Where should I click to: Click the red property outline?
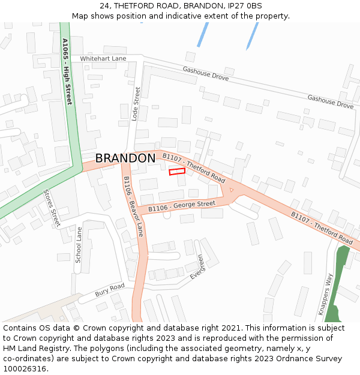pyautogui.click(x=176, y=172)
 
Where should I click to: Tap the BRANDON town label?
pyautogui.click(x=125, y=158)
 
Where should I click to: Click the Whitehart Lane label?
pyautogui.click(x=103, y=58)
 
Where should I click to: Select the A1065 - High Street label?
pyautogui.click(x=67, y=71)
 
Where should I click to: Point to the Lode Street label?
pyautogui.click(x=136, y=104)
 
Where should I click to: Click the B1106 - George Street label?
pyautogui.click(x=182, y=206)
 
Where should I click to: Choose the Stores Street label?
pyautogui.click(x=52, y=208)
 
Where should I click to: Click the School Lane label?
pyautogui.click(x=78, y=245)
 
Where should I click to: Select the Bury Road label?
pyautogui.click(x=109, y=290)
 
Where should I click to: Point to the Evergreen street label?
pyautogui.click(x=196, y=267)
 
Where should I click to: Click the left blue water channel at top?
pyautogui.click(x=203, y=34)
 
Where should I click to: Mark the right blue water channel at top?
pyautogui.click(x=252, y=36)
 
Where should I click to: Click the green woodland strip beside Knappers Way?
pyautogui.click(x=340, y=270)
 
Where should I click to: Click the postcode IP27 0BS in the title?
pyautogui.click(x=245, y=6)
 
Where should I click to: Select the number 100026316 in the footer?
pyautogui.click(x=25, y=369)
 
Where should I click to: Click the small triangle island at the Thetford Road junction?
pyautogui.click(x=231, y=190)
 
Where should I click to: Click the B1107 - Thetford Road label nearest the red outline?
pyautogui.click(x=193, y=169)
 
